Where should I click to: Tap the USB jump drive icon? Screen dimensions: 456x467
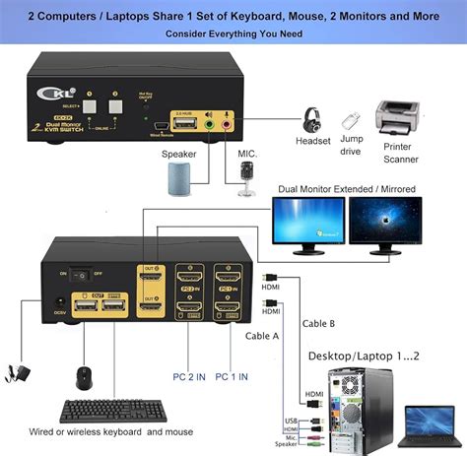[x=352, y=121]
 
